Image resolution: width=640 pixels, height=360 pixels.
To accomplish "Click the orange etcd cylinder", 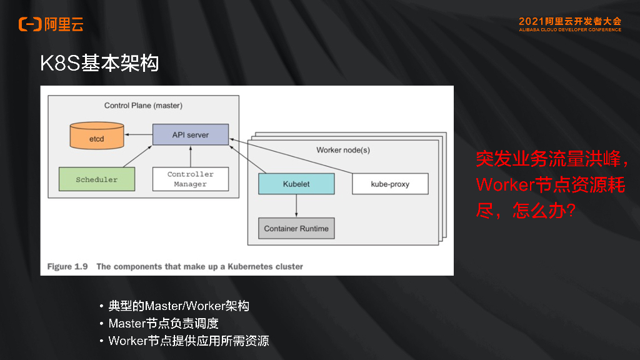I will pos(96,135).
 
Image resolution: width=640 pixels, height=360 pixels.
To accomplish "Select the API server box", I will pos(191,135).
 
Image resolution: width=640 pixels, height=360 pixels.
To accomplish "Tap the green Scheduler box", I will pos(97,179).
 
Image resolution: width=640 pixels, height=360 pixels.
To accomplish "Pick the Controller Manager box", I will pos(191,179).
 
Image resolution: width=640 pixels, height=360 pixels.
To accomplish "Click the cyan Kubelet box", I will pos(296,184).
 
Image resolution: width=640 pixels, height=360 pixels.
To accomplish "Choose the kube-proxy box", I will pos(390,184).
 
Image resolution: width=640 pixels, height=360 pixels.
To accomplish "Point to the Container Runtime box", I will pos(296,228).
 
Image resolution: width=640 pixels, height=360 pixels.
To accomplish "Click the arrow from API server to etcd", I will pos(138,134).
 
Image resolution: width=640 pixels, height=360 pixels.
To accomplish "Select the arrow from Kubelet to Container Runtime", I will pos(296,206).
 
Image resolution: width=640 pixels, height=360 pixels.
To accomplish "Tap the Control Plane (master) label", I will pos(143,106).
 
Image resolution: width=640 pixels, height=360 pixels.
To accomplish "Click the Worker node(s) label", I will pos(343,150).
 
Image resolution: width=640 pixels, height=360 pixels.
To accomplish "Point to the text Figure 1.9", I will pos(67,267).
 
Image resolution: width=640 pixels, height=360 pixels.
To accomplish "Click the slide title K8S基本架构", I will pos(99,64).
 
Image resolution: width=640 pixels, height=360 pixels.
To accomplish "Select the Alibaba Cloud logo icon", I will pos(29,24).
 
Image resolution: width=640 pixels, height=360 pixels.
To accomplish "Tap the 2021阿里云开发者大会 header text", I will pos(569,21).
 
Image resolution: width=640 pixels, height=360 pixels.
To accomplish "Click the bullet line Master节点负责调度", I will pos(163,324).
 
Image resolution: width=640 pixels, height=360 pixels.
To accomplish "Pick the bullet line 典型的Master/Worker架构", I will pos(179,306).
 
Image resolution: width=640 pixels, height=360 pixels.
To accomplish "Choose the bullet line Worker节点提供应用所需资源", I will pos(189,341).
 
